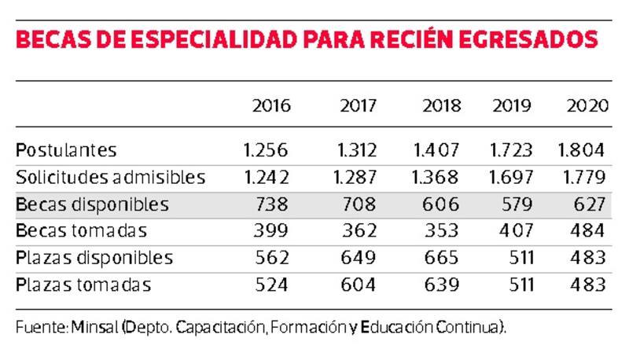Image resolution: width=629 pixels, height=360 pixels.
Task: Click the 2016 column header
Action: click(270, 105)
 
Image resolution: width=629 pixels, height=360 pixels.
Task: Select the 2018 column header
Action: click(441, 105)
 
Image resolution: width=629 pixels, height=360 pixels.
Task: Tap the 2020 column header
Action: click(588, 105)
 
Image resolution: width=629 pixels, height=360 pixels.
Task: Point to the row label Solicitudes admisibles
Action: click(110, 177)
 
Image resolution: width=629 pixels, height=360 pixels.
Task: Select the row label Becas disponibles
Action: click(92, 204)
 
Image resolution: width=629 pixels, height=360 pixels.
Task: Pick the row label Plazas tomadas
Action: click(83, 285)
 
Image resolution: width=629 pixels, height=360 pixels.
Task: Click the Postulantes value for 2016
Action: click(267, 149)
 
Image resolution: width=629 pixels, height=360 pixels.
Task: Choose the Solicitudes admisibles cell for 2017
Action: click(355, 177)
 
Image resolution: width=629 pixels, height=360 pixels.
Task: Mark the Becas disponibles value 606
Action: click(440, 204)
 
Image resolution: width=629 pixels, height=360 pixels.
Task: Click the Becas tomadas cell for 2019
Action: click(513, 231)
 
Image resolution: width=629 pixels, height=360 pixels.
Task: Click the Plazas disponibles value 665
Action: click(440, 258)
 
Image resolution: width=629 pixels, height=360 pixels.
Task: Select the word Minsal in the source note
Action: click(95, 326)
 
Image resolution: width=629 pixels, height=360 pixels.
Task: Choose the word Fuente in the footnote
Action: click(39, 326)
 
